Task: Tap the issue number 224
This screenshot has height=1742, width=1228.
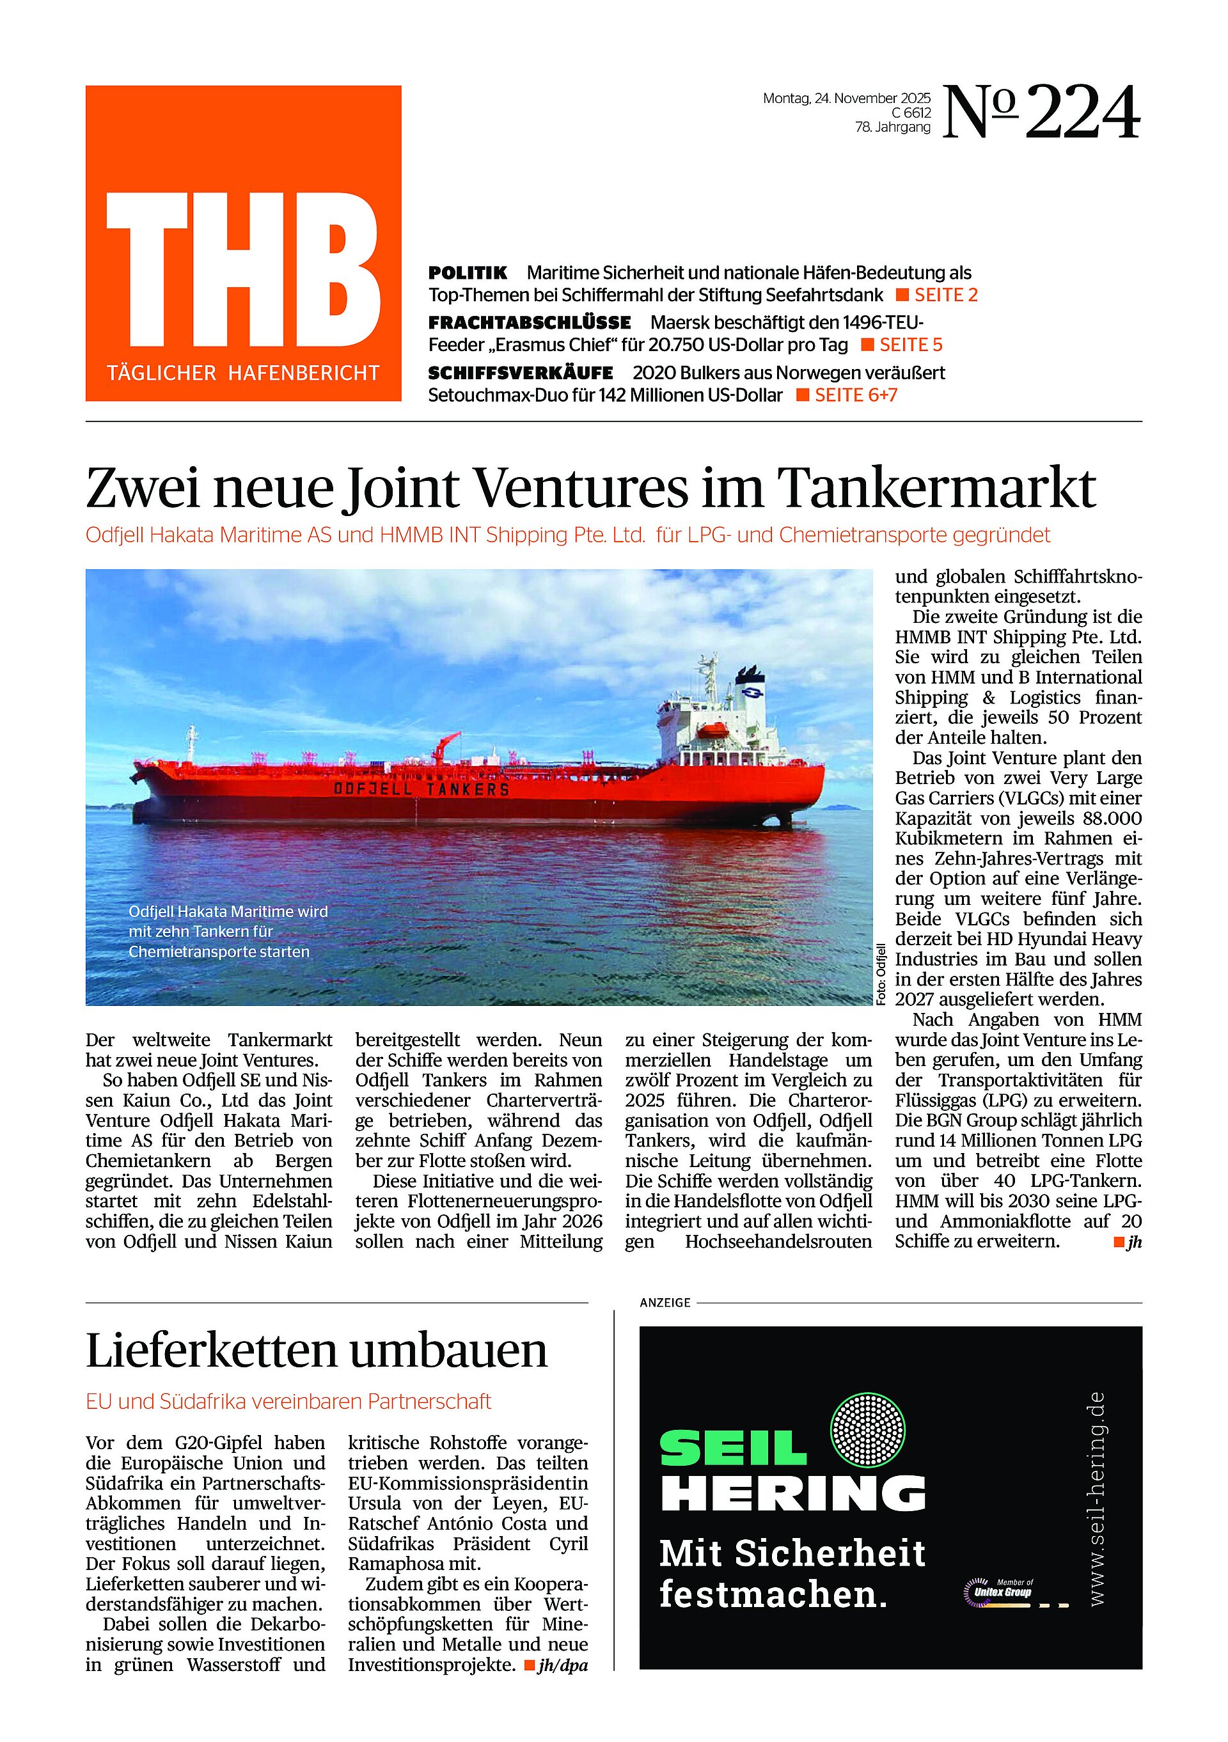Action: click(1082, 114)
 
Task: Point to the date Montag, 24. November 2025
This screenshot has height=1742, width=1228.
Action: click(846, 98)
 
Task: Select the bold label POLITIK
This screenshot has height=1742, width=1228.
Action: click(468, 272)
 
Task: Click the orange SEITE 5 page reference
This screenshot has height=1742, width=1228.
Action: click(910, 345)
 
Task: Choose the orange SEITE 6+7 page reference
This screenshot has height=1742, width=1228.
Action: click(855, 395)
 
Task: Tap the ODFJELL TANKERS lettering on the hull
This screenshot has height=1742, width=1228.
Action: click(421, 789)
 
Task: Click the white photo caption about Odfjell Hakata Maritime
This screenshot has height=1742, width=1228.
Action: click(228, 931)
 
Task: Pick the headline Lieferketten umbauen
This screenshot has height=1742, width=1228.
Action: click(317, 1351)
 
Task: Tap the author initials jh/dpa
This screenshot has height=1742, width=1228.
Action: click(562, 1665)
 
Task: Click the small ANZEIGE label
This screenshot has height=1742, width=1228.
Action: click(665, 1303)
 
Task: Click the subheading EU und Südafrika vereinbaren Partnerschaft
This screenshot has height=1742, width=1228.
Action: click(288, 1401)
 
